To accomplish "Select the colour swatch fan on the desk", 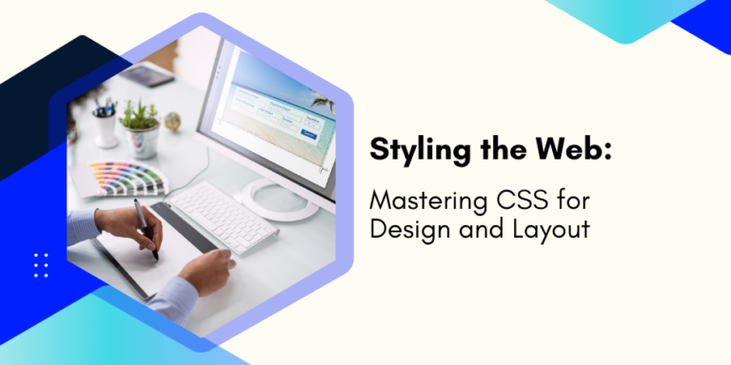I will (124, 176).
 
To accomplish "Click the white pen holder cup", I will (105, 128).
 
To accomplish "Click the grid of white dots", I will (40, 265).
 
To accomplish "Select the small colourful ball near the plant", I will (172, 121).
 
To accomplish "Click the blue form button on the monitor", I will (307, 134).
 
